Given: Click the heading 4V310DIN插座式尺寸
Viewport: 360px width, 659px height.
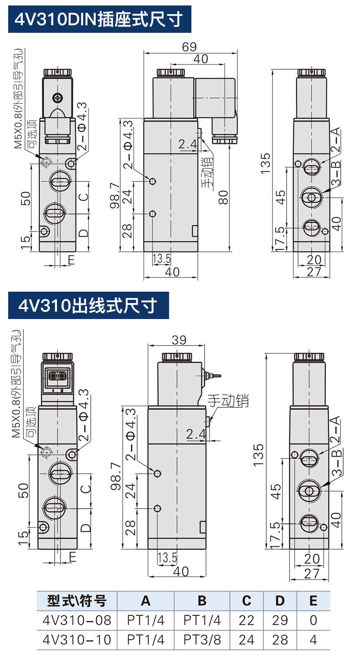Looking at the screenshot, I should pyautogui.click(x=99, y=19).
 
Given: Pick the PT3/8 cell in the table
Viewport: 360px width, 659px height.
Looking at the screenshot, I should pyautogui.click(x=202, y=639).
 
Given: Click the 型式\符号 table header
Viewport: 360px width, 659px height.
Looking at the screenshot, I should pyautogui.click(x=77, y=601).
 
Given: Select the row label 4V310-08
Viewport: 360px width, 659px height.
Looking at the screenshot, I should pyautogui.click(x=77, y=620).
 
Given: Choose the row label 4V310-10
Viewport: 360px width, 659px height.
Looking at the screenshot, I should pyautogui.click(x=77, y=639).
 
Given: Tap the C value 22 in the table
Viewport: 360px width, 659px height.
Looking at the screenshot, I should pyautogui.click(x=247, y=620).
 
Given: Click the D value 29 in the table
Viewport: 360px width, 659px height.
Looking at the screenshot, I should pyautogui.click(x=280, y=620).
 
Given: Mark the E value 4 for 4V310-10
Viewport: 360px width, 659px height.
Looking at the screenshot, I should pyautogui.click(x=313, y=639).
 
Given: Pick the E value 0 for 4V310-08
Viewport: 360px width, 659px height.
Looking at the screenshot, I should pyautogui.click(x=313, y=620).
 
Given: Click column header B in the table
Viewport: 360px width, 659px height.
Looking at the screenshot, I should pyautogui.click(x=202, y=601).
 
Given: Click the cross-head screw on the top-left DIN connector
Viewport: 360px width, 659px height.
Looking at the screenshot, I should pyautogui.click(x=57, y=97).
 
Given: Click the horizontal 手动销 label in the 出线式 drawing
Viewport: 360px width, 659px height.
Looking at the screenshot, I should pyautogui.click(x=228, y=401).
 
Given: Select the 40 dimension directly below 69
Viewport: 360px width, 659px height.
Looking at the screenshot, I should pyautogui.click(x=201, y=59).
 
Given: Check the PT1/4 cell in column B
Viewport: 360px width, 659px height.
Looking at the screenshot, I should pyautogui.click(x=202, y=620).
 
